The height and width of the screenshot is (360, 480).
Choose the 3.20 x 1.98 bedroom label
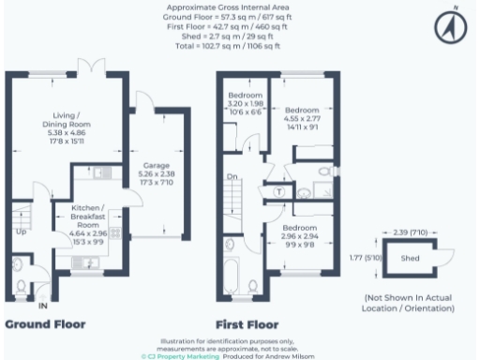tap(247, 106)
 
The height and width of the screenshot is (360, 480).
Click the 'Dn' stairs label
tap(230, 176)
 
